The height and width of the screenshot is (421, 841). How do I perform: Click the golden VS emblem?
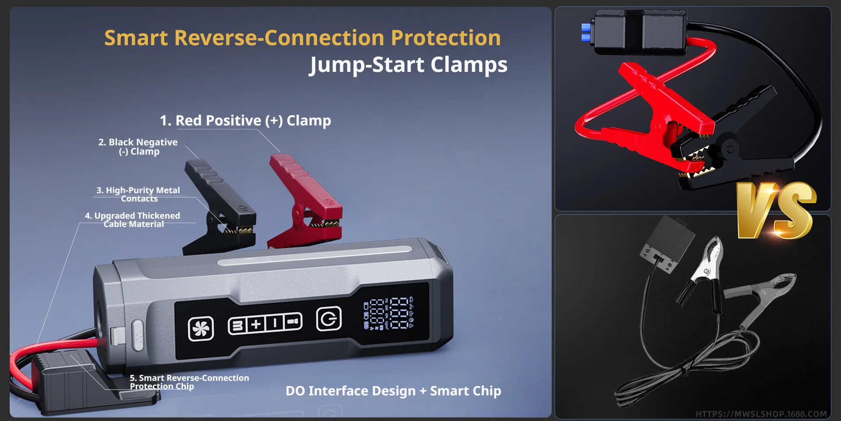point(776,210)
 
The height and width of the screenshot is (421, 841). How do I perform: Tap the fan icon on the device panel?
point(201,328)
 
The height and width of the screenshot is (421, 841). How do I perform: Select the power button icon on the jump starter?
point(329,319)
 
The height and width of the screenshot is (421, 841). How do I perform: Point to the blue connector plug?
point(586,32)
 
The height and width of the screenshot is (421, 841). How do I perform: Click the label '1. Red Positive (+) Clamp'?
point(245,121)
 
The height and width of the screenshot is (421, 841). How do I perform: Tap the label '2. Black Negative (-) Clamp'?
point(138,147)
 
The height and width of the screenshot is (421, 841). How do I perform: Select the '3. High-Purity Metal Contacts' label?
point(138,194)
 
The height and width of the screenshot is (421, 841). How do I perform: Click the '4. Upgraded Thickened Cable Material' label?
point(133,220)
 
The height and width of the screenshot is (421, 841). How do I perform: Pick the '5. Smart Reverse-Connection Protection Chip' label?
point(189,382)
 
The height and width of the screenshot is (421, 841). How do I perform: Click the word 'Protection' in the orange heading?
point(446,38)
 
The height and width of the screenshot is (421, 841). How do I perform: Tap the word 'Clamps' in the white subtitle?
point(469,65)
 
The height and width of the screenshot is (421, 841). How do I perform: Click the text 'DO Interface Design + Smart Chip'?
point(393,391)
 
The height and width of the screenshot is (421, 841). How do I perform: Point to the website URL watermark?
point(761,414)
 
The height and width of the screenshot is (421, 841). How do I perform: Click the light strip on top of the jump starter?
point(314,256)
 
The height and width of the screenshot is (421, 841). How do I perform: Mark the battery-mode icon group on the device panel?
point(265,324)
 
